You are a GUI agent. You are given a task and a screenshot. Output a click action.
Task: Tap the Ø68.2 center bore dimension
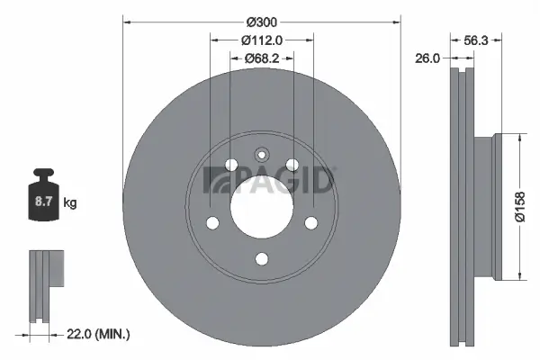[262, 59]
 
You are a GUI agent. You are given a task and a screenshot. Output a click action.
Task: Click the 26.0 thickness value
[427, 58]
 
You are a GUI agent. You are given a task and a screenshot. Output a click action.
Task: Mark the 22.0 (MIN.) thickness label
[100, 335]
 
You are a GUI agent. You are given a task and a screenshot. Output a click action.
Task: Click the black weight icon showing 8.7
[44, 193]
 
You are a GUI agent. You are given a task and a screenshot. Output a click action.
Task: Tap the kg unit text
[70, 203]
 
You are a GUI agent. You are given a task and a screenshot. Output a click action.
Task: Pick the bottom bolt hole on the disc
[262, 259]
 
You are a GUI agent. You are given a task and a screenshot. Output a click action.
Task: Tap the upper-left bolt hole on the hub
[231, 165]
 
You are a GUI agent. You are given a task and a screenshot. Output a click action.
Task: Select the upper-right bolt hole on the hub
[292, 165]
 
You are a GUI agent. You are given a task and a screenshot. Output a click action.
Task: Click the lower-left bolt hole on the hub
[213, 222]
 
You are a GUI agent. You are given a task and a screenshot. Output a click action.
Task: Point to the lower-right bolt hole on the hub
[310, 222]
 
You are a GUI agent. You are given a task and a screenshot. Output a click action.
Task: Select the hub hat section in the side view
[483, 207]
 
